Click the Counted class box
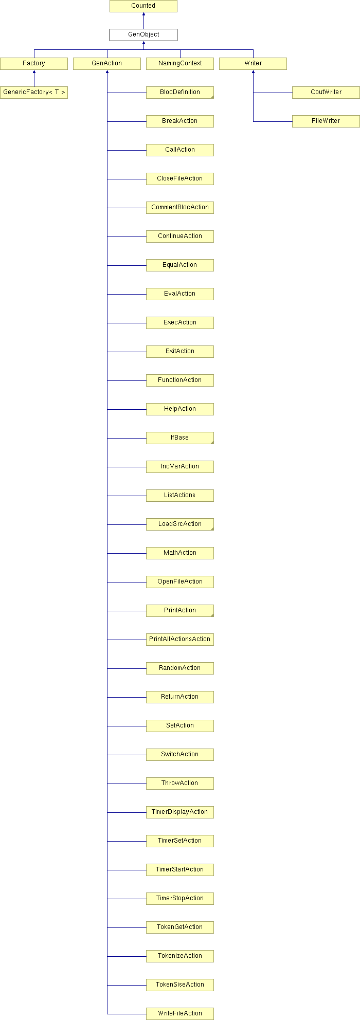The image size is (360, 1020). coord(143,6)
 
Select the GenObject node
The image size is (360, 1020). coord(143,35)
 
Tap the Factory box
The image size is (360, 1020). coord(34,64)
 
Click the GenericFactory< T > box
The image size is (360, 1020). coord(34,93)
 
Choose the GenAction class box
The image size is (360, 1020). coord(107,64)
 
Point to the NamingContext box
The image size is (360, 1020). coord(180,64)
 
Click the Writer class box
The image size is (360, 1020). coord(253,64)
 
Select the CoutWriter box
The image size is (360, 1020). coord(326,93)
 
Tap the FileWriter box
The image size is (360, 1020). coord(326,121)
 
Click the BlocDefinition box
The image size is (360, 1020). coord(180,93)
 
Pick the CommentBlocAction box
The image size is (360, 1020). coord(180,208)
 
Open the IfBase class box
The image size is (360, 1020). coord(180,438)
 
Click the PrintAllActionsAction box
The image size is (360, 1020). coord(180,640)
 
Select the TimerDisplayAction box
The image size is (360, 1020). coord(180,812)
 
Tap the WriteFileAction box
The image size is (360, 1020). coord(180,1014)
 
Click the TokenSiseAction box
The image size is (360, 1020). coord(180,985)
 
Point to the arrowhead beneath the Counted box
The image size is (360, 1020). coord(143,14)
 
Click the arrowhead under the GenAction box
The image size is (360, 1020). coord(107,72)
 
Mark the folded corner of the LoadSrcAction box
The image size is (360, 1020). coord(211,528)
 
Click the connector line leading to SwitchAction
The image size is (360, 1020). coord(127,755)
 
